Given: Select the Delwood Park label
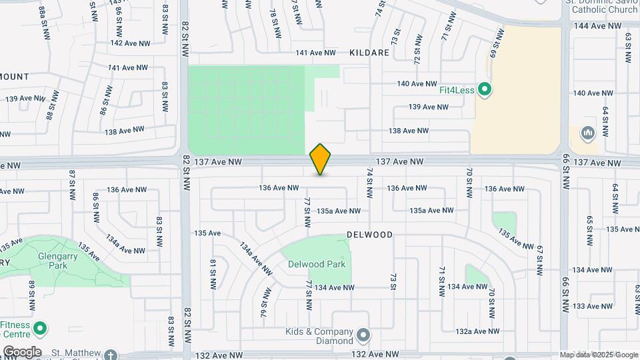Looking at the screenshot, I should click(x=317, y=264).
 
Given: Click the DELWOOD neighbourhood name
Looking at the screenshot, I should click(x=369, y=235).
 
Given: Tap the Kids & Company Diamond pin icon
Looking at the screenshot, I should click(x=363, y=335).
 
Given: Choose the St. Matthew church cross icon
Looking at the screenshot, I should click(x=110, y=355).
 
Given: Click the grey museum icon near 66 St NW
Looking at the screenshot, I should click(x=587, y=133).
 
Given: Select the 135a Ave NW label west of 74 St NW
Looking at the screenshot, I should click(x=338, y=211).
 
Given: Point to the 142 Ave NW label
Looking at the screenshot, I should click(x=130, y=43).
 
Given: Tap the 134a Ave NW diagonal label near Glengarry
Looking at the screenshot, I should click(x=125, y=243).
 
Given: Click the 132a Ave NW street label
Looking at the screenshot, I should click(x=477, y=331).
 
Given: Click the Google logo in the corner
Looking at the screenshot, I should click(x=22, y=352).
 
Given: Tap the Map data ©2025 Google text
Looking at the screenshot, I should click(x=598, y=355).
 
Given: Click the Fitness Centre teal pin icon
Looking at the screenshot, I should click(x=39, y=328).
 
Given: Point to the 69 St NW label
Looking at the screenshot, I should click(x=494, y=47).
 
